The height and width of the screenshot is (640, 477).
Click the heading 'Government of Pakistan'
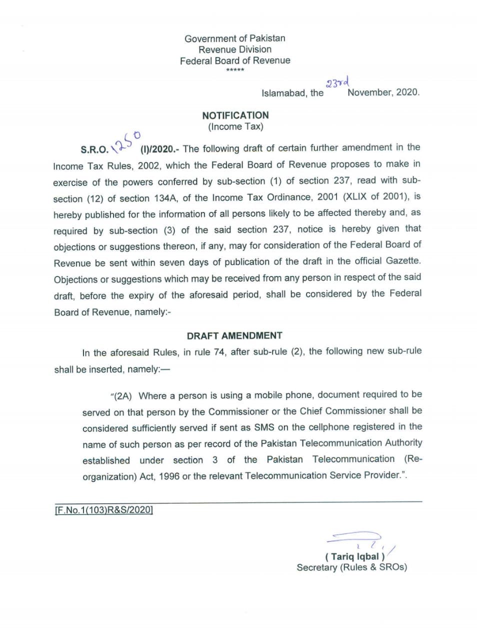pyautogui.click(x=234, y=38)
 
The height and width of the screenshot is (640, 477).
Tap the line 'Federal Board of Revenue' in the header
pyautogui.click(x=234, y=60)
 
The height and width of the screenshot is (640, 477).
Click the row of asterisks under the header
pyautogui.click(x=235, y=70)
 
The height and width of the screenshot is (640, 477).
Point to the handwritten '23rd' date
pyautogui.click(x=337, y=82)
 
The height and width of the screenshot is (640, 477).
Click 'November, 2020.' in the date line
pyautogui.click(x=383, y=92)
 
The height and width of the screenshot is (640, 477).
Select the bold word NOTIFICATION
pyautogui.click(x=235, y=115)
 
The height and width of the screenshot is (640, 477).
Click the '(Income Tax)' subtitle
pyautogui.click(x=235, y=126)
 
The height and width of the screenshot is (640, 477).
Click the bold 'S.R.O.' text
pyautogui.click(x=94, y=149)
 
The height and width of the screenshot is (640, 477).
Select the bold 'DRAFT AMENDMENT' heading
pyautogui.click(x=234, y=335)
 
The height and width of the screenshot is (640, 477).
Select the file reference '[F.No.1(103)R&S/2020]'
pyautogui.click(x=103, y=510)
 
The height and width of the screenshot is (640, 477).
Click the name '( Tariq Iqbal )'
pyautogui.click(x=354, y=556)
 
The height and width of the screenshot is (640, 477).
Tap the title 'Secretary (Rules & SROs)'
pyautogui.click(x=351, y=567)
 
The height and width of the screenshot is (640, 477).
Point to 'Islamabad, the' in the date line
pyautogui.click(x=292, y=93)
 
